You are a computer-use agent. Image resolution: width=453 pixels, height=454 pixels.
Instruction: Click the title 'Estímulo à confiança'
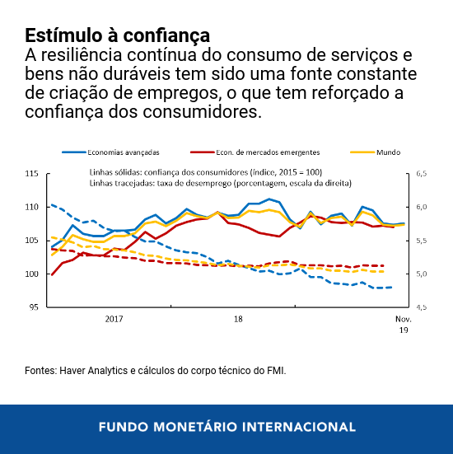point(117,36)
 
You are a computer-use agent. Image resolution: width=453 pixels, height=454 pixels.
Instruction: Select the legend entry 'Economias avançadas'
point(123,152)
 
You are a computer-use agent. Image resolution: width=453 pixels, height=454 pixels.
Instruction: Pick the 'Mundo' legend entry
point(389,152)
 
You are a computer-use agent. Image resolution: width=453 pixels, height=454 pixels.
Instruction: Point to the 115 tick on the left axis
point(32,174)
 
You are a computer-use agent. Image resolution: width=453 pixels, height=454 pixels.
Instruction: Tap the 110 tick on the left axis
point(32,207)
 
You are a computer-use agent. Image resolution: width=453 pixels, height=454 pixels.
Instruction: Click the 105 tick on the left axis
point(32,241)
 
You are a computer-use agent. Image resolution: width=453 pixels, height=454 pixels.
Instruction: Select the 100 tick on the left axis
point(32,274)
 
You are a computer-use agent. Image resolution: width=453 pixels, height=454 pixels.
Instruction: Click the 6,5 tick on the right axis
point(423,174)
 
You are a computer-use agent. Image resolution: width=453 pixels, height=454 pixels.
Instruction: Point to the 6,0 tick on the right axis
point(423,207)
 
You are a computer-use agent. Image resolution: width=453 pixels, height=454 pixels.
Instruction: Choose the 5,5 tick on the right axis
point(423,241)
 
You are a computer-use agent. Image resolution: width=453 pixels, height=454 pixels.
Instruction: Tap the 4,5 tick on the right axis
point(423,307)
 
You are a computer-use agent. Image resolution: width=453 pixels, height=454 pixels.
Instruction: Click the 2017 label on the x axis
point(114,317)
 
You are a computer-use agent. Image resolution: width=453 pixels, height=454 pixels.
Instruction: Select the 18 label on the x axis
point(238,317)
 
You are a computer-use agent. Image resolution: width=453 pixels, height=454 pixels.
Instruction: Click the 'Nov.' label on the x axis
point(403,318)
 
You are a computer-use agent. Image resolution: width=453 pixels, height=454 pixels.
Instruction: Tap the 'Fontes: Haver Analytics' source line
point(156,371)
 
